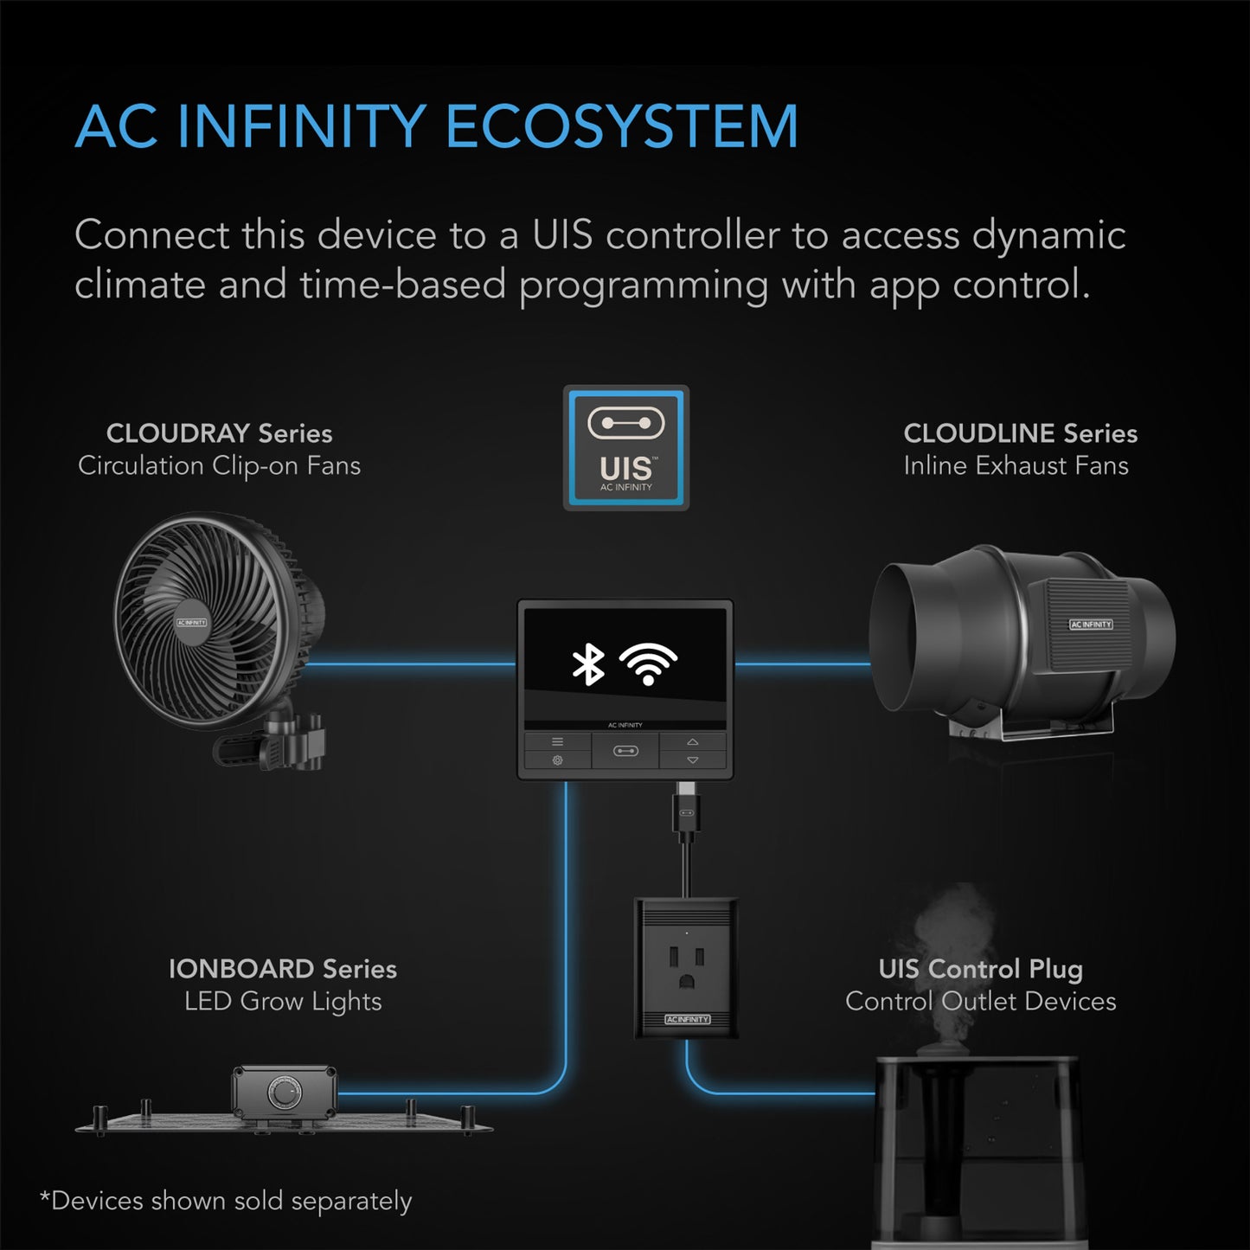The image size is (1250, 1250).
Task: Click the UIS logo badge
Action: click(626, 448)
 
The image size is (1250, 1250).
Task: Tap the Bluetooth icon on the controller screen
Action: click(589, 664)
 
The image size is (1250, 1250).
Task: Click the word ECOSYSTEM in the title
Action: click(621, 127)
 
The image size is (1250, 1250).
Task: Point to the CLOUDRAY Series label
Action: click(219, 433)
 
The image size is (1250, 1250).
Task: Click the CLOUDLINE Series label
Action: click(1020, 433)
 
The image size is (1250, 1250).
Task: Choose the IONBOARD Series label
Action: click(282, 969)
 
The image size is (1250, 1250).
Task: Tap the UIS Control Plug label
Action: click(980, 969)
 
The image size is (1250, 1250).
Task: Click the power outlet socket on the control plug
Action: click(687, 967)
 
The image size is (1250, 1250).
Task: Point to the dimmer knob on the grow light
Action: click(282, 1094)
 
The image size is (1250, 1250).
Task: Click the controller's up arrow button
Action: click(693, 742)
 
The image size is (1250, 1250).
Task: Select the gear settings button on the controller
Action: click(557, 760)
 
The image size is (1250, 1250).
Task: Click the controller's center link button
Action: click(625, 751)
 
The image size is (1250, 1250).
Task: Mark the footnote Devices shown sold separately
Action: click(226, 1202)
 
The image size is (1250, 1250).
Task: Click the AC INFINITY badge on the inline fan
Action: click(1091, 624)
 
